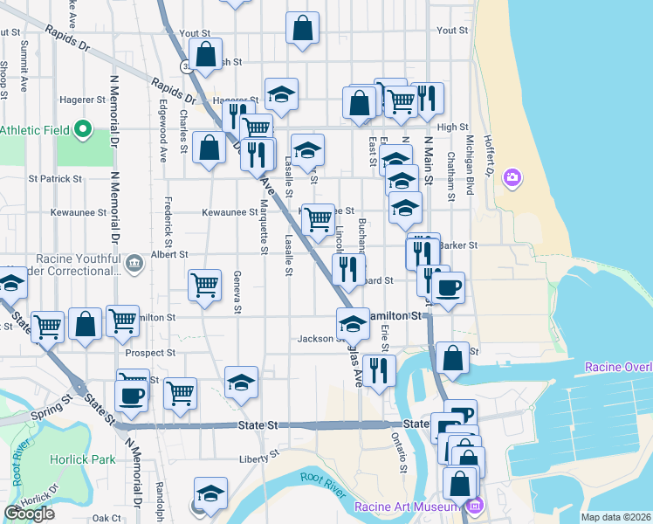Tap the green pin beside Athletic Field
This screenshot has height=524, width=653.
pos(83,130)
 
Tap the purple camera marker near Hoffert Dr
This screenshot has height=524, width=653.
pos(512,178)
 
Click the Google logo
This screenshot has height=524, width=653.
pos(29,514)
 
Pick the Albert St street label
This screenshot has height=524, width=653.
pos(169,254)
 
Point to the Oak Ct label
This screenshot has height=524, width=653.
pos(106,518)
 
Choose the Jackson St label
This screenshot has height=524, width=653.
pos(316,339)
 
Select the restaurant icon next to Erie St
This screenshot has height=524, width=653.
pos(379,370)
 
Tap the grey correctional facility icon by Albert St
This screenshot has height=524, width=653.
pos(134,262)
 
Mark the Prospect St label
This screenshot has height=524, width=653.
pos(150,354)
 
